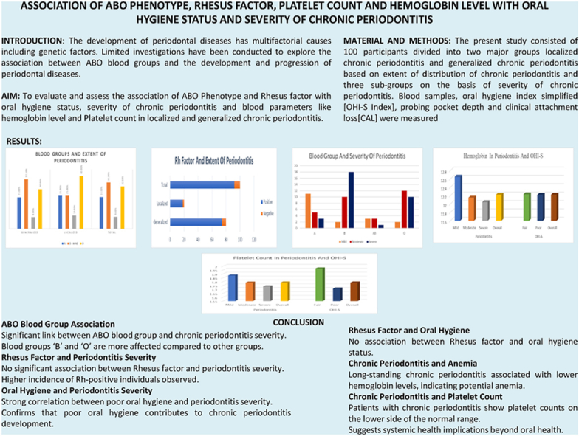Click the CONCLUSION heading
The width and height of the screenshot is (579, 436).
point(298,322)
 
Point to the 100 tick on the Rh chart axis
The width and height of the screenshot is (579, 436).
point(239,240)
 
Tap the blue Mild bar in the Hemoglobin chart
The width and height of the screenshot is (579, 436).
point(459,197)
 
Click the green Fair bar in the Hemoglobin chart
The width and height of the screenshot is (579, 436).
point(527,207)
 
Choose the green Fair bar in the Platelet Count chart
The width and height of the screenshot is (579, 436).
point(319,284)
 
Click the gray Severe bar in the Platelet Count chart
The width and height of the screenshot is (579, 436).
point(267,293)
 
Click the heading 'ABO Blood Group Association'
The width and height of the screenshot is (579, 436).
point(58,323)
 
